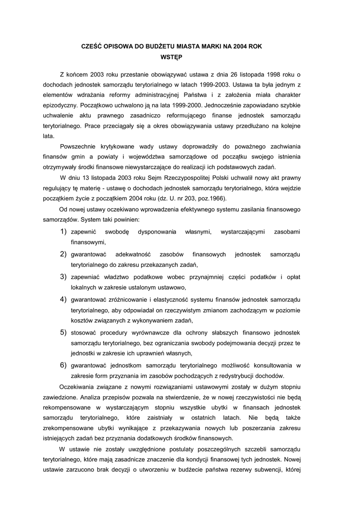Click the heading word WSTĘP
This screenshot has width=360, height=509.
(x=180, y=57)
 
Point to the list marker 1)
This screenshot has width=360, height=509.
(x=63, y=232)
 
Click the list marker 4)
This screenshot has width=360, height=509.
(x=63, y=299)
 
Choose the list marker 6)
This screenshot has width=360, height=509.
(x=63, y=365)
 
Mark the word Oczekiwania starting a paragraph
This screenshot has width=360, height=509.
(x=77, y=386)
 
